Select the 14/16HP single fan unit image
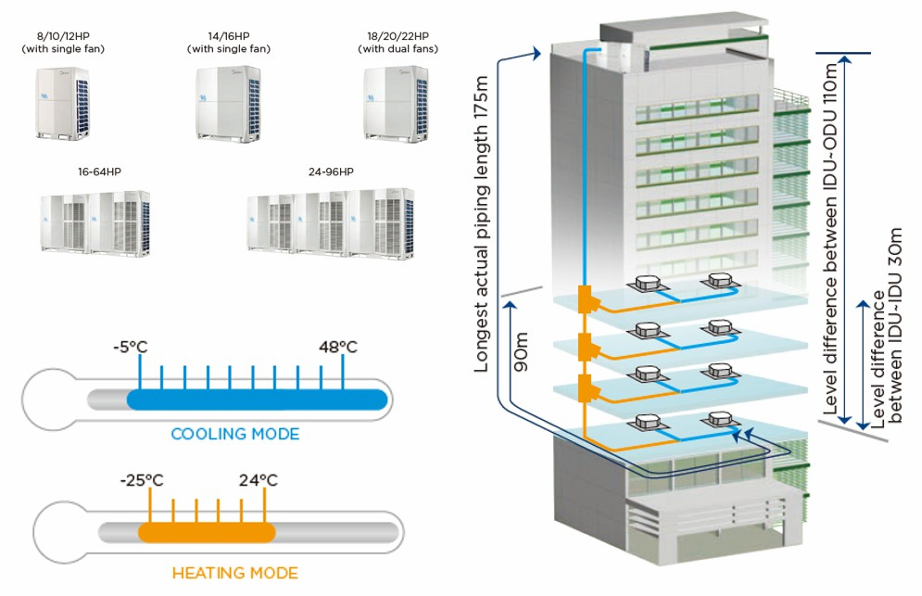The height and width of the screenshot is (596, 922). pos(222,102)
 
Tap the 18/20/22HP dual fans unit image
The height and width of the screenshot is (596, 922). pos(395,102)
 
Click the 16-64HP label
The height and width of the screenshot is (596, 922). pos(96,172)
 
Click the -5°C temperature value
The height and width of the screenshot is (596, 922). pos(129,348)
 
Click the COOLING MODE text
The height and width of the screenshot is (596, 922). pos(234,434)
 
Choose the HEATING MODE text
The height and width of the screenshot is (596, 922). pos(234,573)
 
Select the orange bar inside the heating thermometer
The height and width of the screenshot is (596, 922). pos(207,533)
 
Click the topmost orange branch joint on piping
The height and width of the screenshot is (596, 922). pos(587,300)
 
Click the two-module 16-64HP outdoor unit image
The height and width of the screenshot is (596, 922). pos(95,221)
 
